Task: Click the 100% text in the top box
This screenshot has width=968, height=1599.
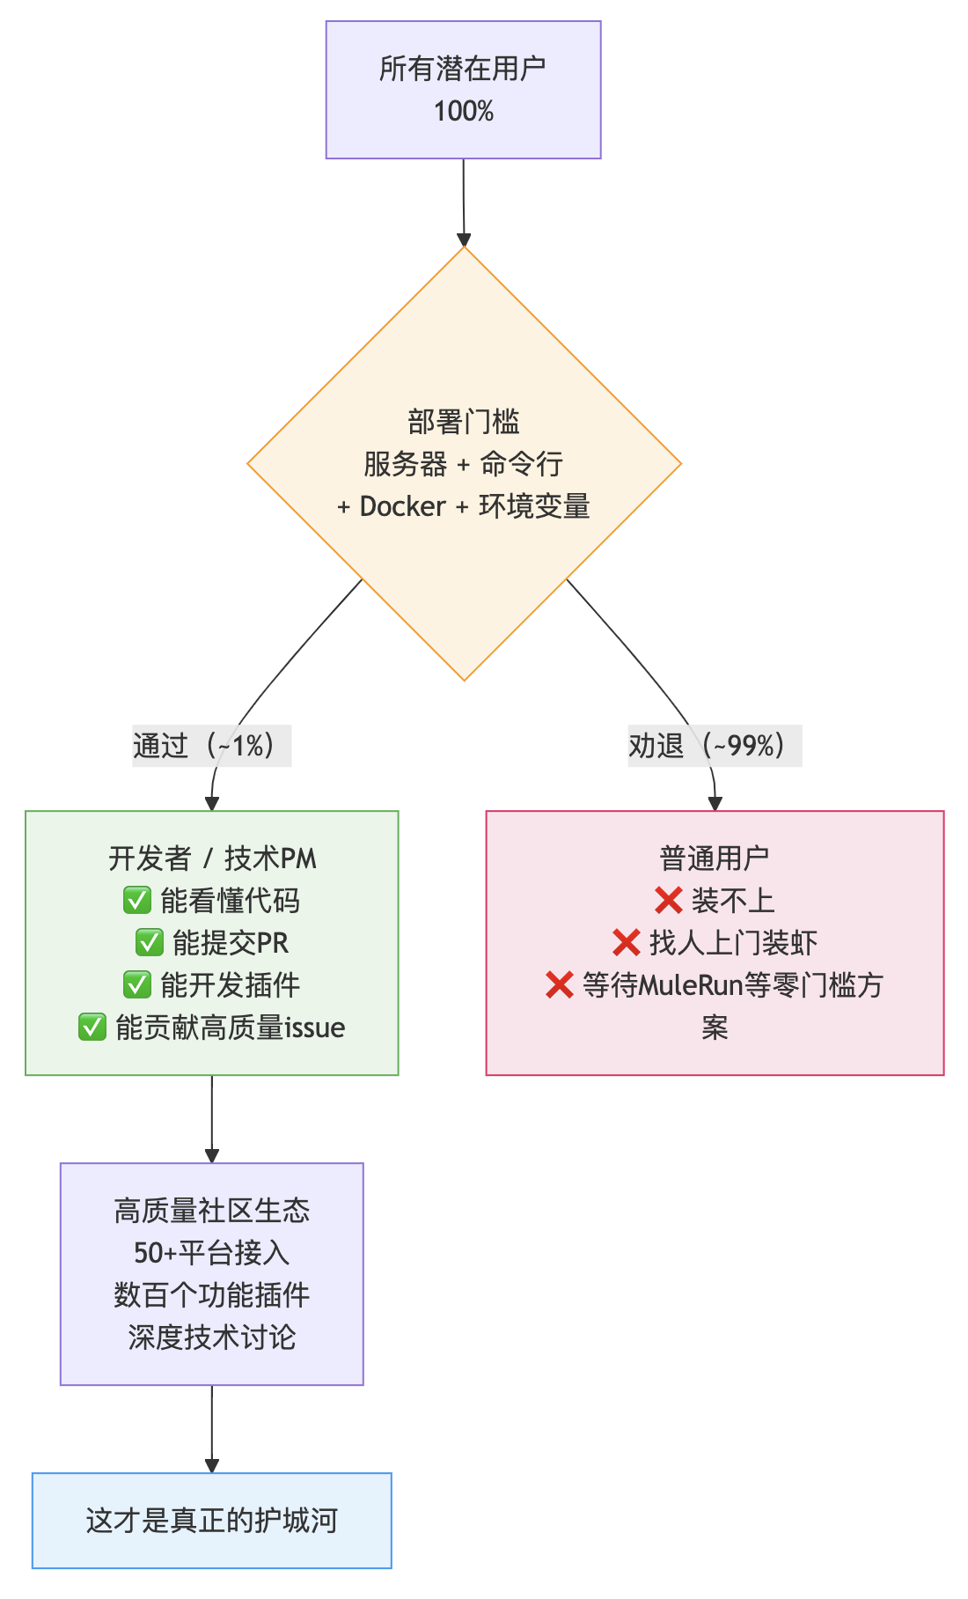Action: (464, 112)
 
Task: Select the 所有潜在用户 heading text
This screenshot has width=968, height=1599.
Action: (463, 69)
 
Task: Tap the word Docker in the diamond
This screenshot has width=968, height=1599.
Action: (403, 506)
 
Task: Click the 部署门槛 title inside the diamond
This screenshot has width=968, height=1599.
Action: (464, 422)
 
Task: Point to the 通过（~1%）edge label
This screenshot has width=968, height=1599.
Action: (211, 746)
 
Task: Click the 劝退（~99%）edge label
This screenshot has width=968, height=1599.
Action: (714, 746)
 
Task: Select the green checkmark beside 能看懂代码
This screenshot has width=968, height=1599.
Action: (137, 900)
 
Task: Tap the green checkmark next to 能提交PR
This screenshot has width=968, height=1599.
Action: (149, 942)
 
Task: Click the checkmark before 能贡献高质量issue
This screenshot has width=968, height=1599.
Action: (92, 1027)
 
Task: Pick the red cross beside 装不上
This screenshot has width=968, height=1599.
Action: (669, 900)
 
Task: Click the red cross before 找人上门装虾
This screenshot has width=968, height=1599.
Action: (626, 942)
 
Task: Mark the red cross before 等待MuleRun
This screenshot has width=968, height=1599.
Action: (560, 984)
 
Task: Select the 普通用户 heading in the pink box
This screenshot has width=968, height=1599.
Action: (715, 858)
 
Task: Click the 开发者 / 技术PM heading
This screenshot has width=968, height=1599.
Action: (212, 858)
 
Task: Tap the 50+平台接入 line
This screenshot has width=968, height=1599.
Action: (212, 1252)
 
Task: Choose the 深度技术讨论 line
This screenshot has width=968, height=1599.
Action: (212, 1337)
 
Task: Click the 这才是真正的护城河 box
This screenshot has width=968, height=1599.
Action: (212, 1521)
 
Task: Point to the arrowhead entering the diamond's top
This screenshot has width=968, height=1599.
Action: (464, 240)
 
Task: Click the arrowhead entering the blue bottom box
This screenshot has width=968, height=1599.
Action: (212, 1466)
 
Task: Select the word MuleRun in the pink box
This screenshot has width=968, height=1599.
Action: (691, 984)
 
